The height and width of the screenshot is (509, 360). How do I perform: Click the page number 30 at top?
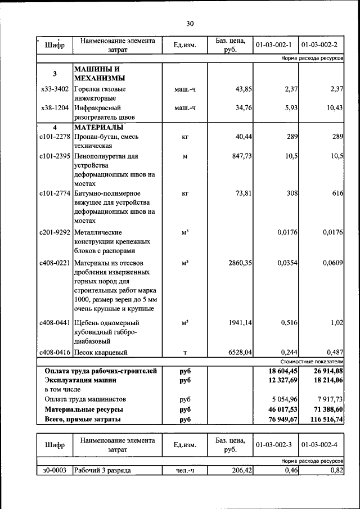tap(190, 24)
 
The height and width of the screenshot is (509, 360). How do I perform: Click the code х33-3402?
tap(55, 89)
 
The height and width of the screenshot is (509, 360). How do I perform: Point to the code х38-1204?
tap(55, 107)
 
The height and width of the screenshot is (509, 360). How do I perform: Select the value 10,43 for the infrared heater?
tap(333, 107)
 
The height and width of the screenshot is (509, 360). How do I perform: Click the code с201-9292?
tap(55, 232)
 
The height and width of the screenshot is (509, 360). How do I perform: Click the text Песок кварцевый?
tap(100, 353)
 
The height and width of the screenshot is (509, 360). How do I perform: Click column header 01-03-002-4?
tap(319, 445)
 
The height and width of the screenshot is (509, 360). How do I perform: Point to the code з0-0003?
tap(55, 470)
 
